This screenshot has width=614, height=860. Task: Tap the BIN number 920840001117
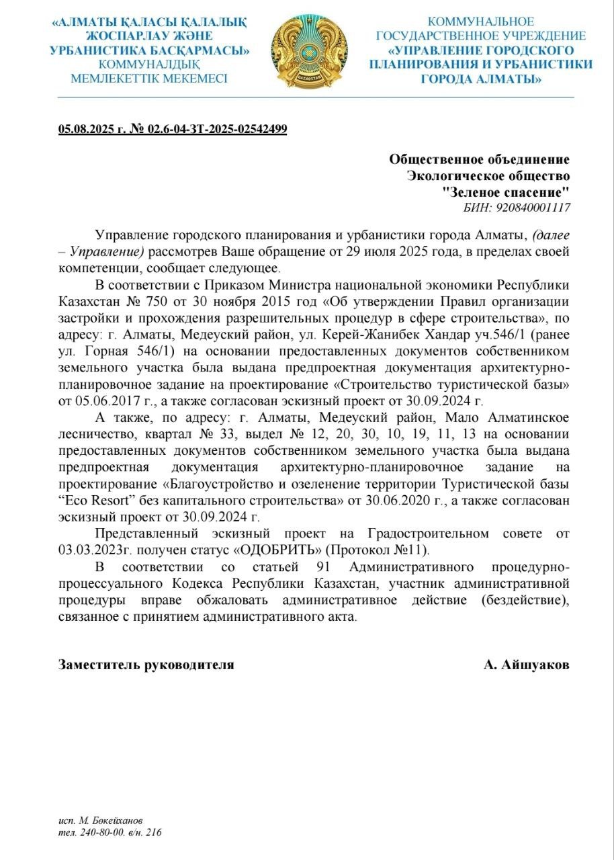point(533,208)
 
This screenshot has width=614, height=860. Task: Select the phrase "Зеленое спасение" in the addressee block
point(507,192)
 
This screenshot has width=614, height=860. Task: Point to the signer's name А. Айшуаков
point(526,664)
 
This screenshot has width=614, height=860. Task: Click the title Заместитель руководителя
point(146,664)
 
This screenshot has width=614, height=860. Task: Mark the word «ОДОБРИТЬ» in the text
point(270,549)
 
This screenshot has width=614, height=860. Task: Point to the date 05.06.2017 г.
point(93,402)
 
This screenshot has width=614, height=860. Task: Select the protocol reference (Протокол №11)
point(373,549)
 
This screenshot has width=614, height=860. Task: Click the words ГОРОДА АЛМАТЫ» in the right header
point(481,79)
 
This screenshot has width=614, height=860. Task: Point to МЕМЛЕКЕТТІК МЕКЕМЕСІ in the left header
point(149,79)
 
